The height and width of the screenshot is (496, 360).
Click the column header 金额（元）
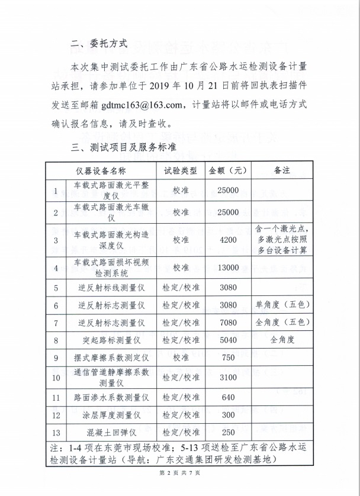click(227, 170)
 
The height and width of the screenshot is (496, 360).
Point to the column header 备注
click(281, 170)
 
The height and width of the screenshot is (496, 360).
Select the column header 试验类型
click(180, 170)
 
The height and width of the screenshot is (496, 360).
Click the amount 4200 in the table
click(227, 240)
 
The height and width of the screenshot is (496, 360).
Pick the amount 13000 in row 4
click(227, 268)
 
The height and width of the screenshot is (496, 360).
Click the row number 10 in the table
click(56, 377)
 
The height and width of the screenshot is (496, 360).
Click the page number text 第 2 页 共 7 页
click(179, 472)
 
